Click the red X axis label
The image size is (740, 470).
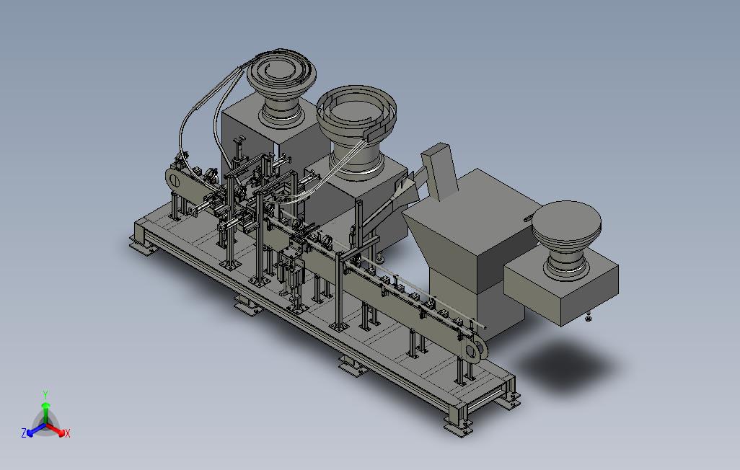(68, 433)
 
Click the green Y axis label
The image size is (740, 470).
(45, 394)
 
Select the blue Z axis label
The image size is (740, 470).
(24, 433)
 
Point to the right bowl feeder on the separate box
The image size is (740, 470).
(567, 239)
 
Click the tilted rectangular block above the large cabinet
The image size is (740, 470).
(439, 172)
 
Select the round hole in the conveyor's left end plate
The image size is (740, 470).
(173, 180)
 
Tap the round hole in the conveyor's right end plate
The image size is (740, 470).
(472, 350)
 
